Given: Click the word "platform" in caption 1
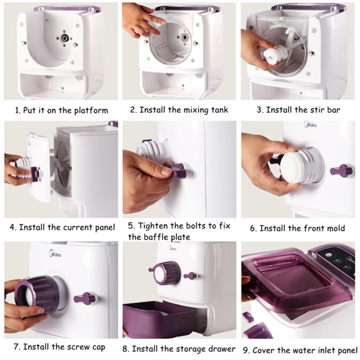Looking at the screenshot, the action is [x=91, y=111].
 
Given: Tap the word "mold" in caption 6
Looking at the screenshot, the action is [x=336, y=228].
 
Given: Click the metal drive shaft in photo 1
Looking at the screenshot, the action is [x=65, y=38].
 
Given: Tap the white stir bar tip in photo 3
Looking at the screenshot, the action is [x=271, y=56].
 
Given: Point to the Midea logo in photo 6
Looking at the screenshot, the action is [x=310, y=125].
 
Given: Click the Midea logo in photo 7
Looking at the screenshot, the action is [x=55, y=254].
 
